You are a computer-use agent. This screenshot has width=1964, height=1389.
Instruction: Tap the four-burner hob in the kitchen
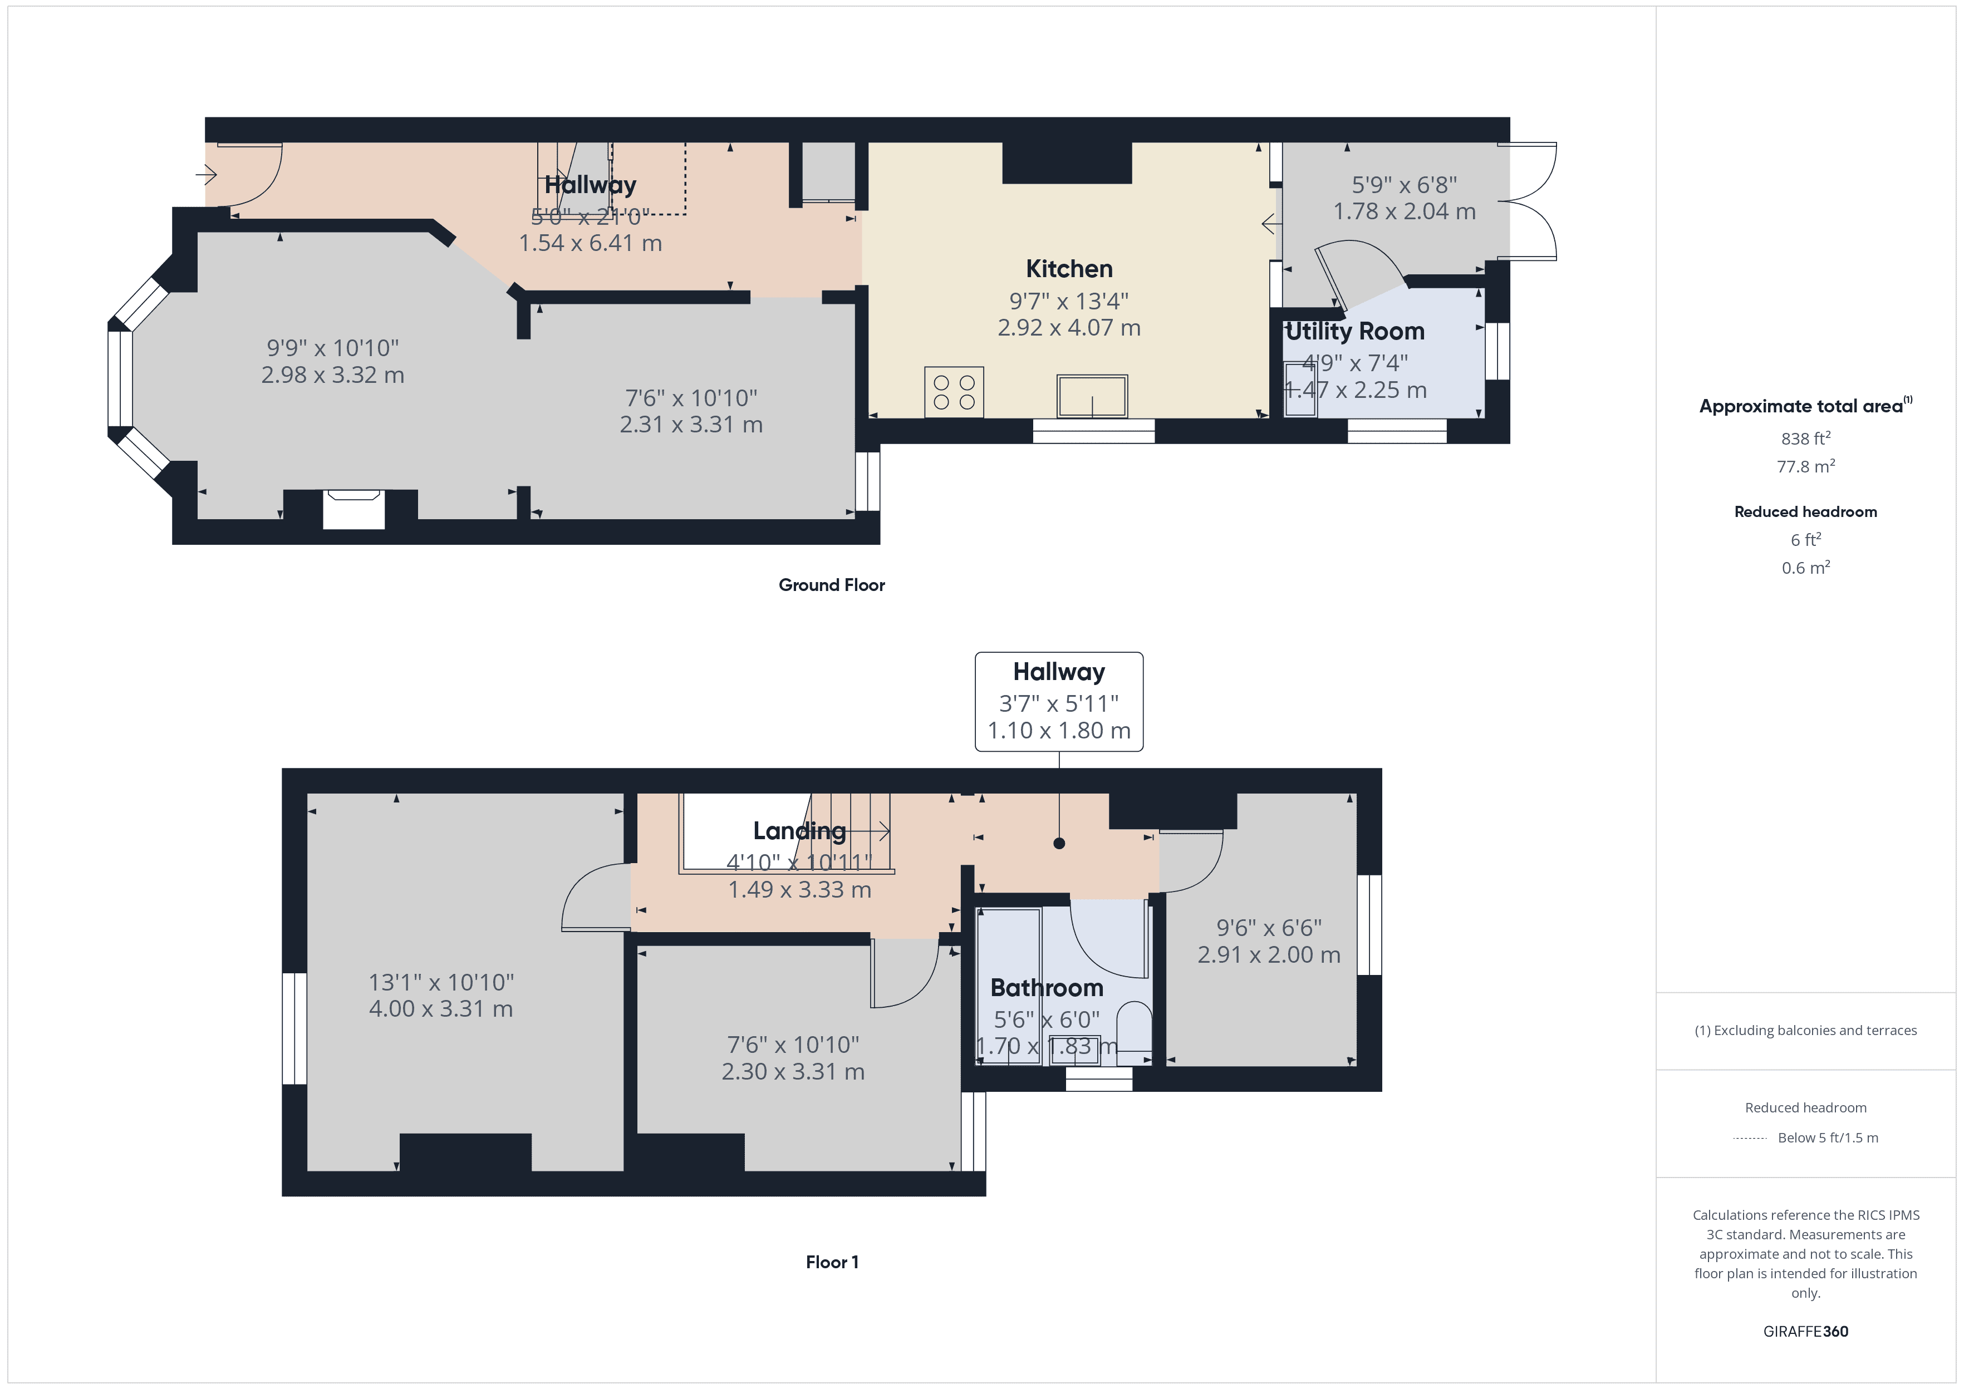[954, 392]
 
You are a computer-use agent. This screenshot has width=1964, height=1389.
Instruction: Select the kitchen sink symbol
[1092, 397]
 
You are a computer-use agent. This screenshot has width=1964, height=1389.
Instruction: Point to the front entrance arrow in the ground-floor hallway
[206, 175]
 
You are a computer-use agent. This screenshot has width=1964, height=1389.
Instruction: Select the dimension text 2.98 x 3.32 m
[333, 375]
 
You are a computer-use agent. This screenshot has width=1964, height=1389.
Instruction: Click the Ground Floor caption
[832, 585]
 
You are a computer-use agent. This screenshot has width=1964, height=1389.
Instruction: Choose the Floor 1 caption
[832, 1263]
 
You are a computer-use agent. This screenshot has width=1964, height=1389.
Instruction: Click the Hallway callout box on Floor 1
[1058, 701]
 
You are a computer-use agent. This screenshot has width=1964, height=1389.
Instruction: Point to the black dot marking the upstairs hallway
[1059, 843]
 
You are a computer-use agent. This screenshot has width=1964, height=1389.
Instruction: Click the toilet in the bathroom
[1135, 1026]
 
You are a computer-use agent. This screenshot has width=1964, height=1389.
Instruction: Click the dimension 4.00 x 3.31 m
[440, 1009]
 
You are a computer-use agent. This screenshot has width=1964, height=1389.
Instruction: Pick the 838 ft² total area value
[1805, 439]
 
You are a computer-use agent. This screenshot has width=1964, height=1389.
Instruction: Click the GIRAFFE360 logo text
[1805, 1332]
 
